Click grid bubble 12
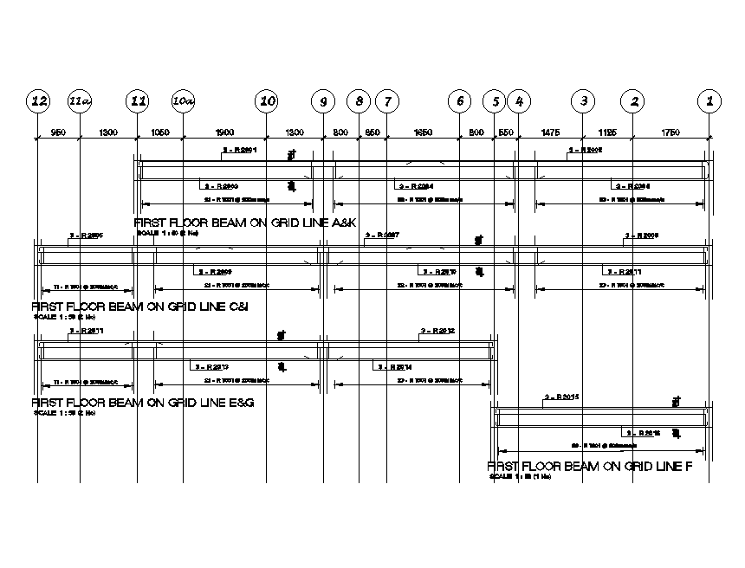click(x=38, y=101)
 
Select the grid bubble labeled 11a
click(x=80, y=101)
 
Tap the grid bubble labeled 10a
click(x=183, y=101)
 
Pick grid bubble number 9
click(x=323, y=101)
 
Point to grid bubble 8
click(x=359, y=101)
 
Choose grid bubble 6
click(x=460, y=101)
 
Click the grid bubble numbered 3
click(x=584, y=101)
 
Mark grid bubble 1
click(x=710, y=101)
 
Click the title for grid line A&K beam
click(x=246, y=223)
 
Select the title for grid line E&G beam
click(x=143, y=403)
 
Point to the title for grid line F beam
click(x=590, y=466)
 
